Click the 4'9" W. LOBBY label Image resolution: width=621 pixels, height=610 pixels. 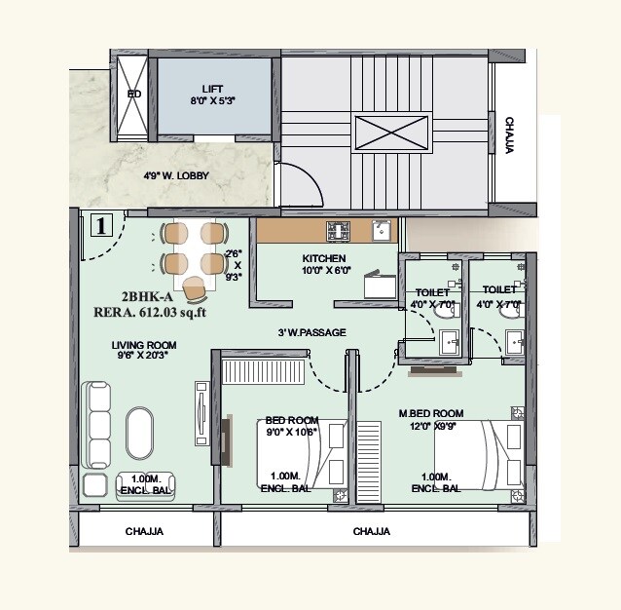click(x=176, y=176)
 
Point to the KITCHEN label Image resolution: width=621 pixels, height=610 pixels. click(x=323, y=258)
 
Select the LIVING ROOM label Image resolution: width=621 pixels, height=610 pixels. click(x=143, y=344)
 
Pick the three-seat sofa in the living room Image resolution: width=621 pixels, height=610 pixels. click(x=99, y=426)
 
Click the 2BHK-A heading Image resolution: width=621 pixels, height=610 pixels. click(x=147, y=296)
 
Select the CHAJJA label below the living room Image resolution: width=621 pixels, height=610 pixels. click(x=144, y=532)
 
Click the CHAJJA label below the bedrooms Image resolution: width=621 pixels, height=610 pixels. click(x=372, y=532)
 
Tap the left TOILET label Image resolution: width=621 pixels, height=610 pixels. click(x=431, y=290)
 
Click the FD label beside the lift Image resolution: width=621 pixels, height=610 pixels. click(x=134, y=95)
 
